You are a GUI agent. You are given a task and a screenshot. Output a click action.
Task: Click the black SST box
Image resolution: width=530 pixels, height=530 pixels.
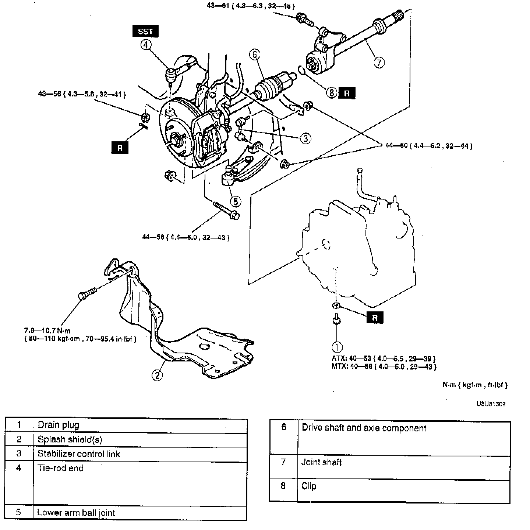pyautogui.click(x=145, y=31)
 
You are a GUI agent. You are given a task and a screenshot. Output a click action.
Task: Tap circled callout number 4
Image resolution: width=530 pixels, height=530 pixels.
pyautogui.click(x=146, y=45)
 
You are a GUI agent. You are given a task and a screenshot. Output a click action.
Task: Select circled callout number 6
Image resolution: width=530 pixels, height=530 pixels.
pyautogui.click(x=254, y=54)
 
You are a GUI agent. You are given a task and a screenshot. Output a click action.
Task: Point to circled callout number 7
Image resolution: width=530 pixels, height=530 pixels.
pyautogui.click(x=379, y=62)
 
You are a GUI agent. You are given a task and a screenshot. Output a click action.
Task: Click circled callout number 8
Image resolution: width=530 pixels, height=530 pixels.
pyautogui.click(x=331, y=93)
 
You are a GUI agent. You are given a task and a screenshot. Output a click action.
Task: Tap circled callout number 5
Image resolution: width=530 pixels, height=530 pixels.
pyautogui.click(x=236, y=201)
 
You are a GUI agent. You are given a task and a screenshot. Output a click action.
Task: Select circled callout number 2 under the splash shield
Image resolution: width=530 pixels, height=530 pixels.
pyautogui.click(x=157, y=375)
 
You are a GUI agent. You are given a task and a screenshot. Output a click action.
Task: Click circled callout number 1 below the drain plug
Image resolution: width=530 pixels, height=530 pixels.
pyautogui.click(x=337, y=347)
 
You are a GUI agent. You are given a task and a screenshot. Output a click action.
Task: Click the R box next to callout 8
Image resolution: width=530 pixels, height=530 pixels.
pyautogui.click(x=347, y=93)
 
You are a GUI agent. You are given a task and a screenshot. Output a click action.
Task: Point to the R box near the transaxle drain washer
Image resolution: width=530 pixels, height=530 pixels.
pyautogui.click(x=375, y=318)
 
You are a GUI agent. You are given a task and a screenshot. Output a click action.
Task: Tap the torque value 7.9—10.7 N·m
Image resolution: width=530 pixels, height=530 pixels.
pyautogui.click(x=47, y=331)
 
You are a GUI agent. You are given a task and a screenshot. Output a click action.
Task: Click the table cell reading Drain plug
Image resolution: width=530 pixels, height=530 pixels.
pyautogui.click(x=59, y=425)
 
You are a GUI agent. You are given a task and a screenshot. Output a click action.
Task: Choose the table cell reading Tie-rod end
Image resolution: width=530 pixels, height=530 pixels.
pyautogui.click(x=61, y=468)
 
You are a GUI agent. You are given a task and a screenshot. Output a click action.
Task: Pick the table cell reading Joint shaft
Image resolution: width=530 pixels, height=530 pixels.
pyautogui.click(x=321, y=462)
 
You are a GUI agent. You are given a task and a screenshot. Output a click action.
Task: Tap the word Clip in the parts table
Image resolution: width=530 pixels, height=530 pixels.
pyautogui.click(x=309, y=486)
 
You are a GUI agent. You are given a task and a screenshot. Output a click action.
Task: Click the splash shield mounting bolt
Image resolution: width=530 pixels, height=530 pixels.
pyautogui.click(x=87, y=293)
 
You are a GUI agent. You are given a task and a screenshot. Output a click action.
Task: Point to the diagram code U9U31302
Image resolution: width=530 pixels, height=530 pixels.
pyautogui.click(x=491, y=404)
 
